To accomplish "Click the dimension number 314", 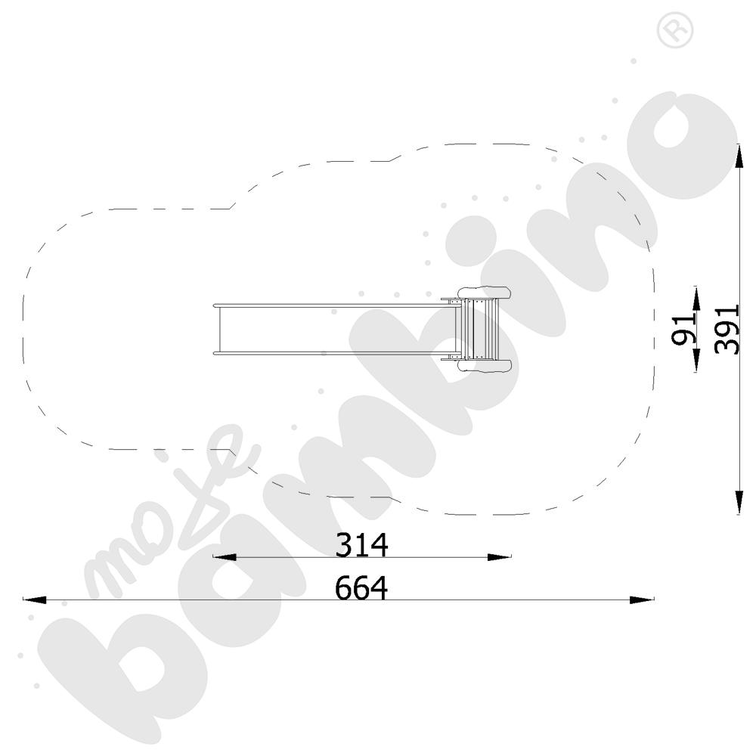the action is point(361,545).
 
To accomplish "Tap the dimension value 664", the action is point(361,587).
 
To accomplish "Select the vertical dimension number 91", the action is point(684,330).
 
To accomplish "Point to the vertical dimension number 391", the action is point(727,330).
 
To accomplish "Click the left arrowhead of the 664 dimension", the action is point(35,600).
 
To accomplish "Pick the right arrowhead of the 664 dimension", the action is point(642,600).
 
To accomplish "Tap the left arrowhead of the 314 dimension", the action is point(225,557).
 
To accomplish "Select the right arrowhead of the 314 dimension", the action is point(499,557).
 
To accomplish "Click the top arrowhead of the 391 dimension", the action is point(739,155).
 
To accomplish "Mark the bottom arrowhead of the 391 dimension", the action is point(739,503).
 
